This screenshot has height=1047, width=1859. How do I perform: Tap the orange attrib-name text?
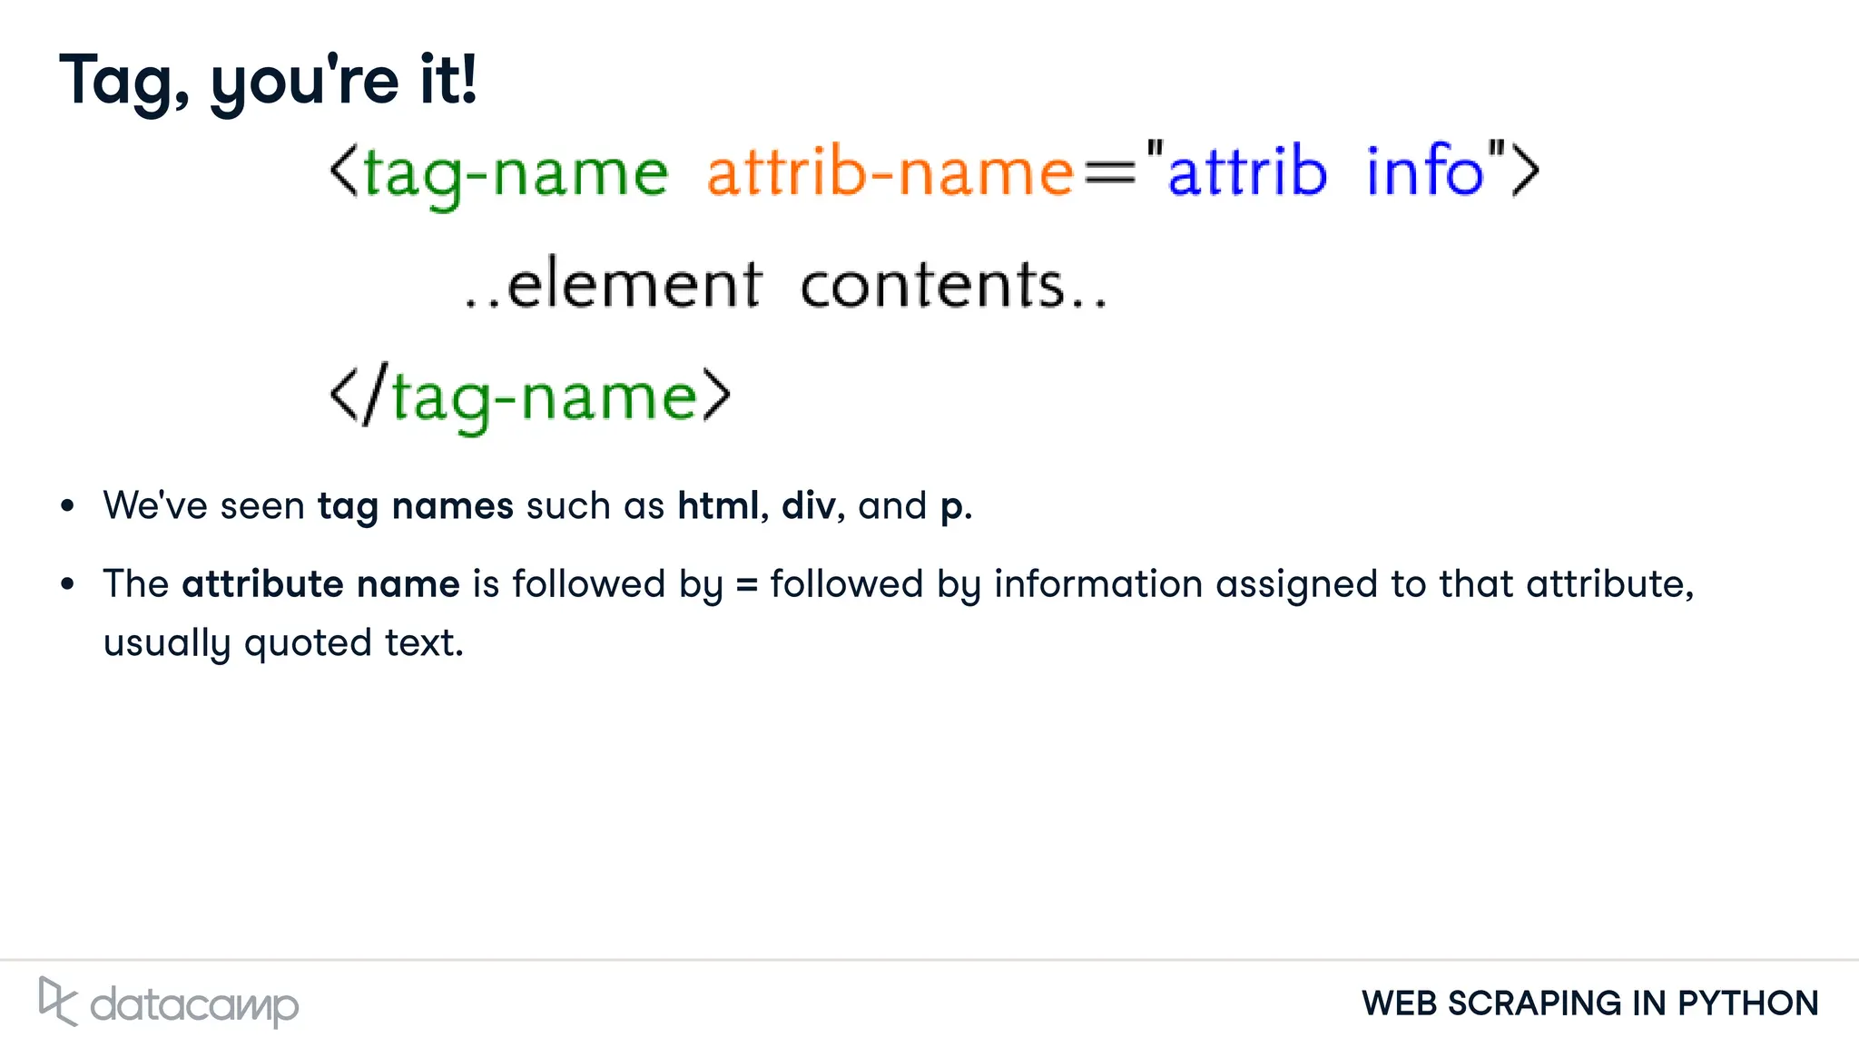coord(890,171)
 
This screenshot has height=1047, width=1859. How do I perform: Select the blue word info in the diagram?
coord(1424,170)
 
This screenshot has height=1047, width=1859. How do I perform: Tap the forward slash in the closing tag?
coord(375,394)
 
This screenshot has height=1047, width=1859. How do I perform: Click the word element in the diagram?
coord(634,285)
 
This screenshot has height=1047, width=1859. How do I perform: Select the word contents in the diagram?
coord(932,285)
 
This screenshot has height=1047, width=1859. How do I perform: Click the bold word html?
coord(718,505)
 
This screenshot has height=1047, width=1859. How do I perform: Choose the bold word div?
coord(808,505)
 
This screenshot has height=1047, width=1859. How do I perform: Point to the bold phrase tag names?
coord(415,506)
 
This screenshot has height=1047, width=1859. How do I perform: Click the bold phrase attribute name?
coord(320,583)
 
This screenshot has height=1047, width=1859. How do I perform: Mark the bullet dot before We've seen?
coord(67,506)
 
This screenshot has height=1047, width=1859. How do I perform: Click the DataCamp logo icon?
coord(57,1002)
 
